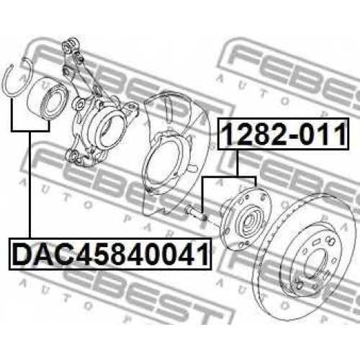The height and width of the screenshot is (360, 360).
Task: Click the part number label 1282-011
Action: (284, 134)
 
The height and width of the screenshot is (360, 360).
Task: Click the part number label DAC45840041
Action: (110, 253)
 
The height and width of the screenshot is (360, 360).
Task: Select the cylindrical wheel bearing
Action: (48, 98)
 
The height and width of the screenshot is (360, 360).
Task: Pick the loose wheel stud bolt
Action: (197, 212)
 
